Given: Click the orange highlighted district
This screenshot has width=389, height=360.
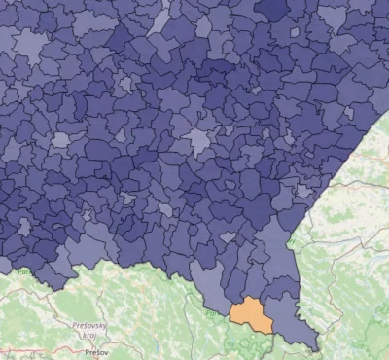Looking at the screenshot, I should click(251, 313).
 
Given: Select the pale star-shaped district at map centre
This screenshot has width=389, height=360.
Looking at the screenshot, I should click(201, 142).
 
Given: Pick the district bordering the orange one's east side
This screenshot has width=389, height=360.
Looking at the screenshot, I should click(286, 313).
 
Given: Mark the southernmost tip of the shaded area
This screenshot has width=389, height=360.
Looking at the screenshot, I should click(313, 349).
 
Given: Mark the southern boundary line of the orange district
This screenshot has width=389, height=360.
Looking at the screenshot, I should click(255, 329).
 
